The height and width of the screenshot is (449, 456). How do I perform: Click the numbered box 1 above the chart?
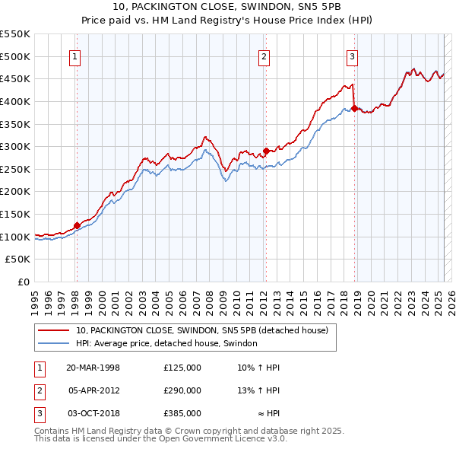pyautogui.click(x=76, y=56)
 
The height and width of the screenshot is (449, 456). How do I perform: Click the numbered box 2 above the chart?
pyautogui.click(x=264, y=56)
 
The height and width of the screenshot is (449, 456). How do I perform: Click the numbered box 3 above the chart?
pyautogui.click(x=353, y=56)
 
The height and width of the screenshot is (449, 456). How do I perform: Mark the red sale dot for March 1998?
pyautogui.click(x=77, y=225)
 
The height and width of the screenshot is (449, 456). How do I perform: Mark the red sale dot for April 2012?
pyautogui.click(x=265, y=151)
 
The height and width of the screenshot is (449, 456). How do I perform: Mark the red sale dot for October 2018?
pyautogui.click(x=355, y=108)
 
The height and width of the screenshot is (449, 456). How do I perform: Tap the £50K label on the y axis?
pyautogui.click(x=18, y=260)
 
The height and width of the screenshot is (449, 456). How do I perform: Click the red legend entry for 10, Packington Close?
pyautogui.click(x=201, y=330)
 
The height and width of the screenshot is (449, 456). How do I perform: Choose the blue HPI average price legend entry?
pyautogui.click(x=166, y=343)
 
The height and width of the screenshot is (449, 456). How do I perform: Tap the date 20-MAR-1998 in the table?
pyautogui.click(x=93, y=368)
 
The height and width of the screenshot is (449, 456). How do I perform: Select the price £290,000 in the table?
pyautogui.click(x=182, y=390)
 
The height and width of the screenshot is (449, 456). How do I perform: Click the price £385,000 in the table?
pyautogui.click(x=182, y=413)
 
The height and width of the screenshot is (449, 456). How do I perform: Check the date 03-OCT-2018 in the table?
pyautogui.click(x=93, y=413)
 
